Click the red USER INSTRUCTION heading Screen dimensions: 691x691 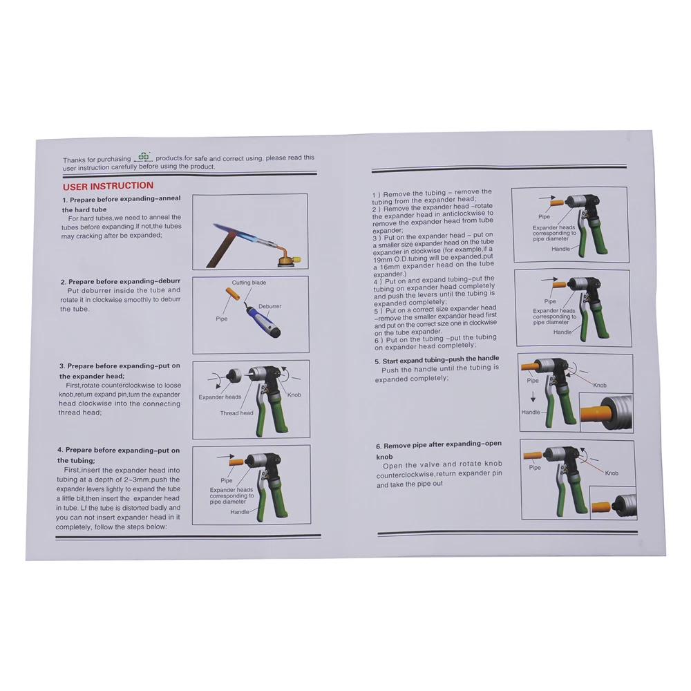(108, 186)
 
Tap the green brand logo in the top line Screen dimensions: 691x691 (144, 156)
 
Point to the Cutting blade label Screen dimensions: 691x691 (249, 283)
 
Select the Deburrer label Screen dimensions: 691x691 (269, 306)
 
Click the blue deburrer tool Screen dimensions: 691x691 (263, 322)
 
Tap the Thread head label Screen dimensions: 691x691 (236, 413)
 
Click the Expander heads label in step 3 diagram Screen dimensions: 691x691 (220, 397)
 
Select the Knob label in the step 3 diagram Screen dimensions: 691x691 (294, 395)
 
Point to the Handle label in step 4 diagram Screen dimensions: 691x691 (239, 512)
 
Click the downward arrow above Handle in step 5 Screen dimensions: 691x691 (533, 397)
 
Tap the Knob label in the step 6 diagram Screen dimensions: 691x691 (612, 473)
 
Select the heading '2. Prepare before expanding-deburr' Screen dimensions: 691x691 (120, 282)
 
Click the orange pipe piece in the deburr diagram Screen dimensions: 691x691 (233, 294)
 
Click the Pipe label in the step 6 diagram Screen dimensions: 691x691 (535, 468)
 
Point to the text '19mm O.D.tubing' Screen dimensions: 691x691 (399, 258)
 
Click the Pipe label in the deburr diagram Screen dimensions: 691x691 (222, 319)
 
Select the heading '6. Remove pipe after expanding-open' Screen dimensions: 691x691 (439, 444)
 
